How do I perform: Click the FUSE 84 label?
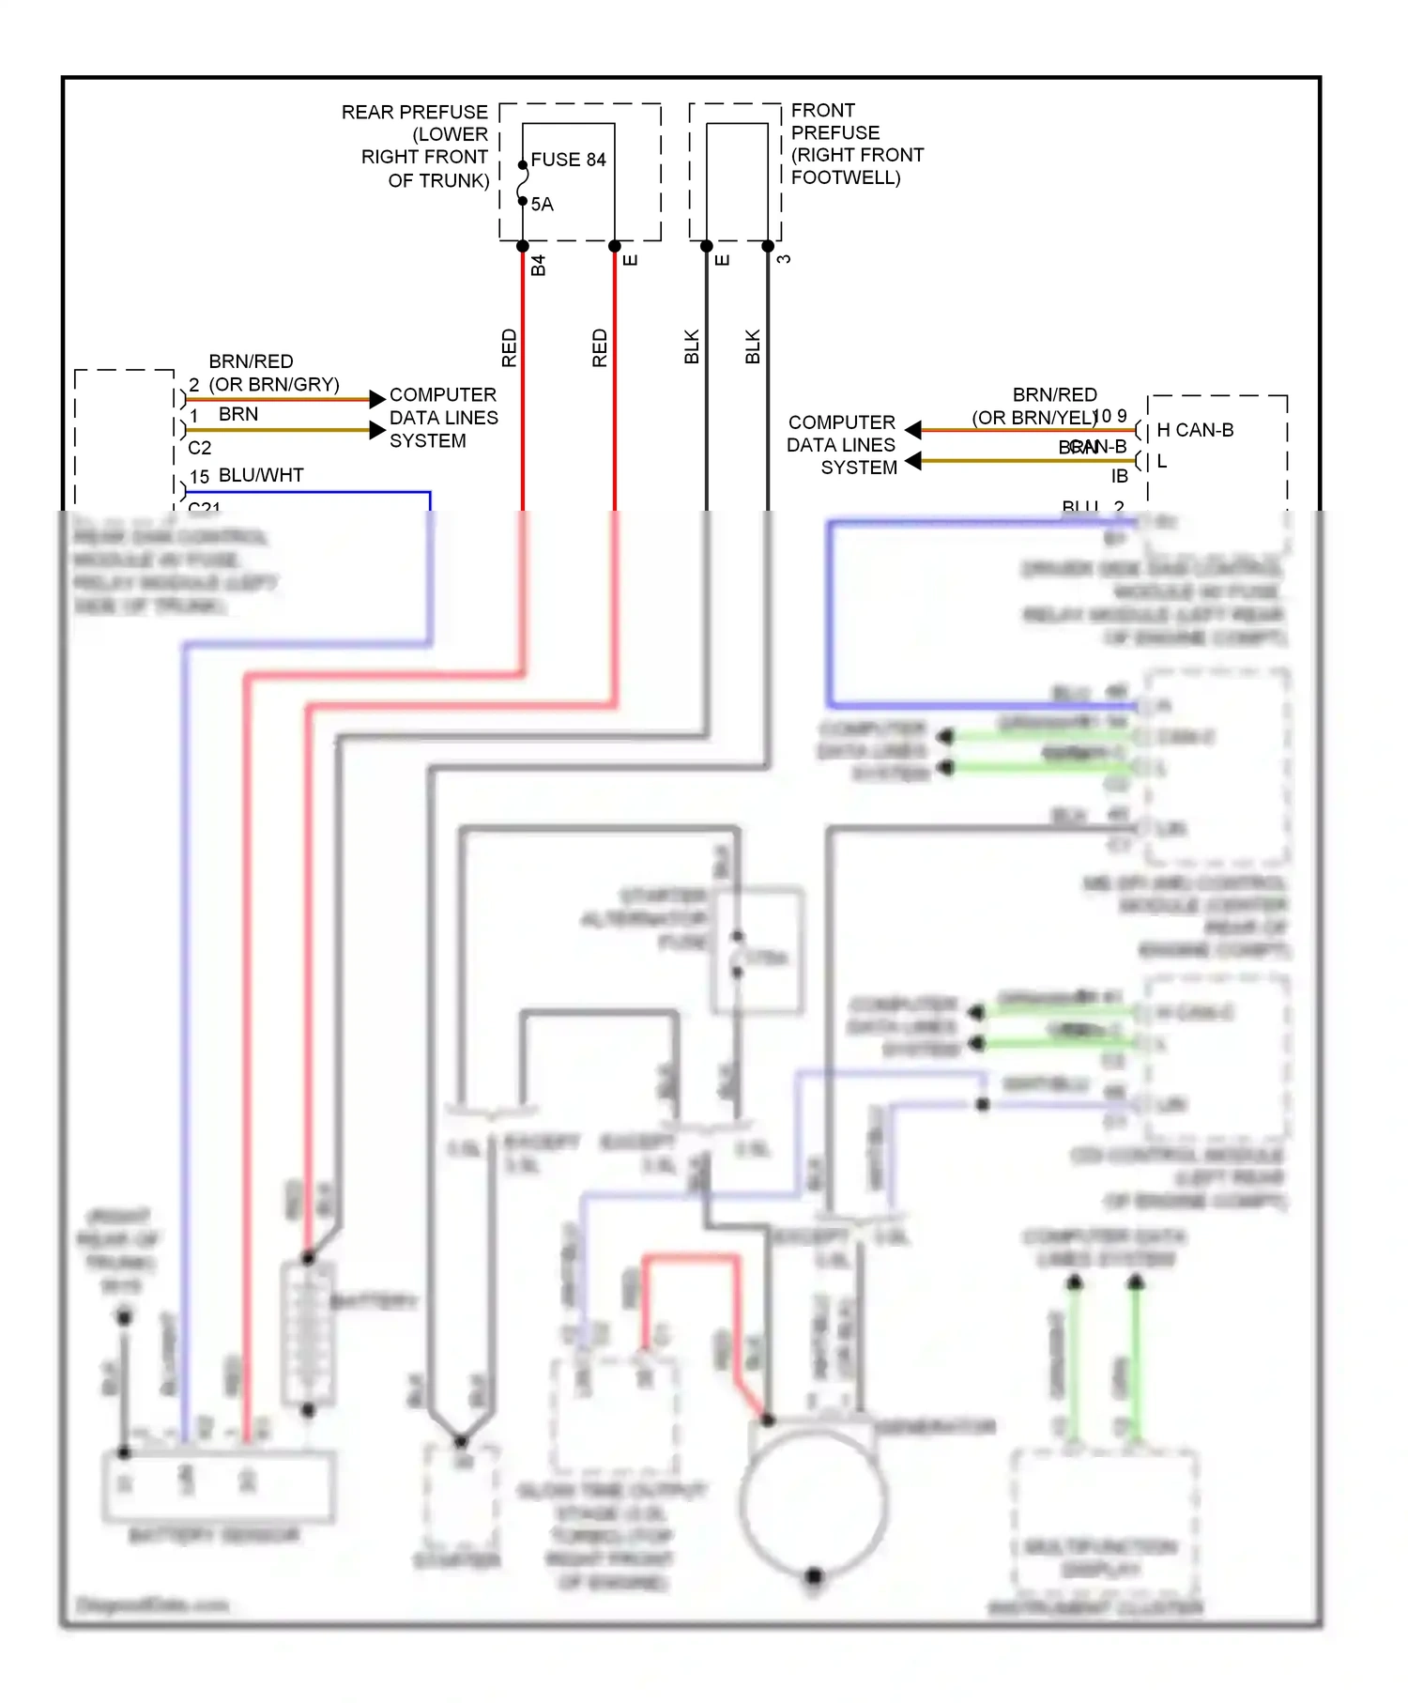pyautogui.click(x=568, y=160)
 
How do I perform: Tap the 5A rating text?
pyautogui.click(x=543, y=205)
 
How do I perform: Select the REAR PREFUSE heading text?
pyautogui.click(x=414, y=113)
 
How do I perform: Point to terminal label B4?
pyautogui.click(x=538, y=266)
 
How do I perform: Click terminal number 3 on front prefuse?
pyautogui.click(x=784, y=259)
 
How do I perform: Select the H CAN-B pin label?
pyautogui.click(x=1194, y=430)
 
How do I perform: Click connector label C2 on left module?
pyautogui.click(x=199, y=448)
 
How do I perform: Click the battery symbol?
pyautogui.click(x=308, y=1333)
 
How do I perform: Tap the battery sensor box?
pyautogui.click(x=218, y=1485)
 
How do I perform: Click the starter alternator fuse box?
pyautogui.click(x=758, y=948)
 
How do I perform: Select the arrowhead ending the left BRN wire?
pyautogui.click(x=377, y=431)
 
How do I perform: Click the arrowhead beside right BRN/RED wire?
pyautogui.click(x=913, y=430)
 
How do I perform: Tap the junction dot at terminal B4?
pyautogui.click(x=523, y=247)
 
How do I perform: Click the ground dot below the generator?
pyautogui.click(x=814, y=1576)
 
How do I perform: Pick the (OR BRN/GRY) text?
pyautogui.click(x=273, y=385)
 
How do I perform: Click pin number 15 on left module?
pyautogui.click(x=199, y=477)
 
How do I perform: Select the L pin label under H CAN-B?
pyautogui.click(x=1162, y=461)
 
